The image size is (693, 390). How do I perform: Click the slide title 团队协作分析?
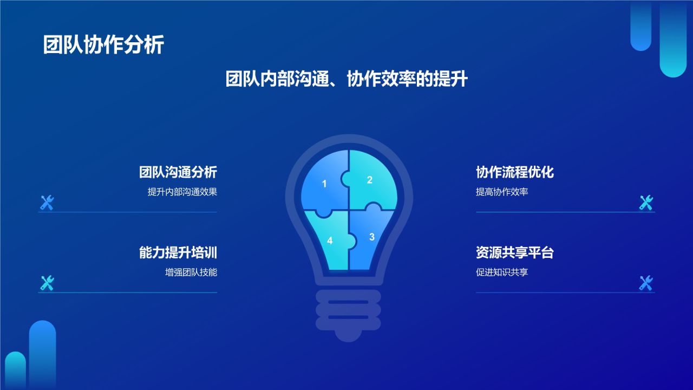pyautogui.click(x=103, y=45)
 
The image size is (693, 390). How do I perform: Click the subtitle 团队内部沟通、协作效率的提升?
pyautogui.click(x=346, y=80)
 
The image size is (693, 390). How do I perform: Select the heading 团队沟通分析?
pyautogui.click(x=178, y=172)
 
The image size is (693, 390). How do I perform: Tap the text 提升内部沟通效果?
pyautogui.click(x=182, y=192)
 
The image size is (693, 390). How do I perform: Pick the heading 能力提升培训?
pyautogui.click(x=178, y=252)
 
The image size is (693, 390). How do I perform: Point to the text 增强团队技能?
pyautogui.click(x=191, y=272)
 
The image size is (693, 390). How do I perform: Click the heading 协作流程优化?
pyautogui.click(x=514, y=172)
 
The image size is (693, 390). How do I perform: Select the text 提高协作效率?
pyautogui.click(x=501, y=192)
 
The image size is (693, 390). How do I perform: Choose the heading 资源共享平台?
pyautogui.click(x=514, y=252)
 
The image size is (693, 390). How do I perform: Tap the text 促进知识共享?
pyautogui.click(x=501, y=272)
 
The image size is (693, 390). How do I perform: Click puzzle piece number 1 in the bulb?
pyautogui.click(x=324, y=183)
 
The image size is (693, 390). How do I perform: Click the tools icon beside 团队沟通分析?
pyautogui.click(x=47, y=203)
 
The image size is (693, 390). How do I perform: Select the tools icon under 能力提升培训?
pyautogui.click(x=47, y=283)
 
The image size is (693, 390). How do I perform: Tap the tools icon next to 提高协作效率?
pyautogui.click(x=646, y=203)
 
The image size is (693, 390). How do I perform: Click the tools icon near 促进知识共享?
pyautogui.click(x=646, y=283)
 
